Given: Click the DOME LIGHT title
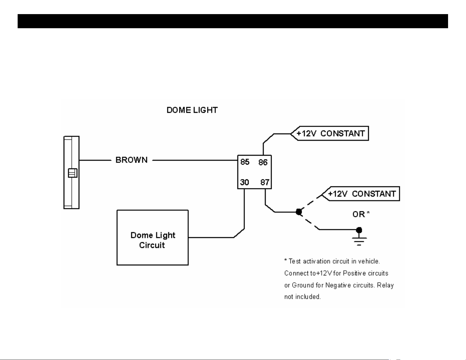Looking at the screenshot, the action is [x=192, y=110].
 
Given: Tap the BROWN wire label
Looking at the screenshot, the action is [x=131, y=160].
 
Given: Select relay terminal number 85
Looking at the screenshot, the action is [x=245, y=162].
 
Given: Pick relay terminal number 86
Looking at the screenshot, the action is [x=263, y=163].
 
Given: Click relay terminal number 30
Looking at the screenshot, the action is [x=245, y=182].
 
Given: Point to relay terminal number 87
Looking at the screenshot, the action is [x=265, y=182].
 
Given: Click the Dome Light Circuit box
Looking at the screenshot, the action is [x=153, y=238].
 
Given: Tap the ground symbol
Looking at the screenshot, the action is [x=359, y=241].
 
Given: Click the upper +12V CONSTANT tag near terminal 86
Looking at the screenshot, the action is [x=330, y=133].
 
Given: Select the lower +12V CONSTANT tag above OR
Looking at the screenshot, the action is [x=361, y=194].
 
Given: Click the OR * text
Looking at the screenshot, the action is [x=361, y=214].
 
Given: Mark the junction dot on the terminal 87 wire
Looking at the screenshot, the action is [x=299, y=212].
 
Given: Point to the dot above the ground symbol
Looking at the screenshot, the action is [x=359, y=230].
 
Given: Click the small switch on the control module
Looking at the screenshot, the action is [x=73, y=173].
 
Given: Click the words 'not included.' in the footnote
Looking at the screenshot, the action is [x=302, y=297].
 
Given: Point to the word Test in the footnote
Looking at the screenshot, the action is [x=294, y=261].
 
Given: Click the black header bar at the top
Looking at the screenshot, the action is [x=233, y=21].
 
